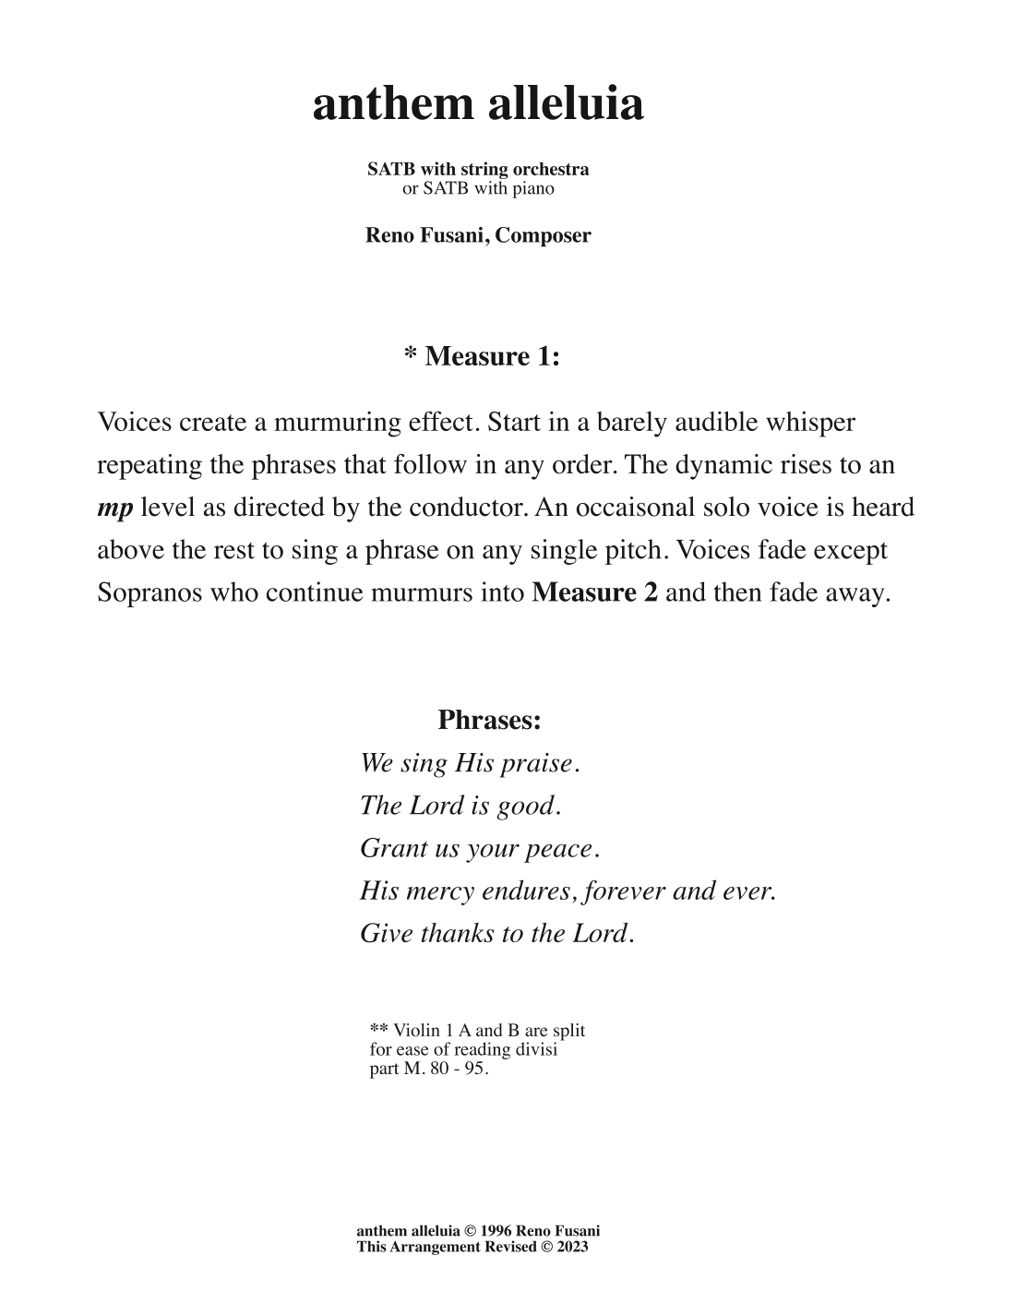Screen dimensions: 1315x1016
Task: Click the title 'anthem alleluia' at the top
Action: [478, 104]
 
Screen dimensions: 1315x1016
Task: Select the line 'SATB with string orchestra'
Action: [478, 169]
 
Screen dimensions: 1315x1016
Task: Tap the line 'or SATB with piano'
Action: [478, 188]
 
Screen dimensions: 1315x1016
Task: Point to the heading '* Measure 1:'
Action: [482, 356]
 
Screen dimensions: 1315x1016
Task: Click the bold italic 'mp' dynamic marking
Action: [115, 508]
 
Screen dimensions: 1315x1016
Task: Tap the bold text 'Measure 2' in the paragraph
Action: [595, 592]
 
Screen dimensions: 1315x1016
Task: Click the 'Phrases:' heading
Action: [489, 720]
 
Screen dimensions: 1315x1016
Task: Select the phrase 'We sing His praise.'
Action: [470, 764]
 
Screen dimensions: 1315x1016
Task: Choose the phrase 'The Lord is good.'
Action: [460, 807]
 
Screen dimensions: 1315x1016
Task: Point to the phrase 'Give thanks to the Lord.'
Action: [497, 934]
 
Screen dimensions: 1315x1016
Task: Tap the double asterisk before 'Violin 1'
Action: [378, 1029]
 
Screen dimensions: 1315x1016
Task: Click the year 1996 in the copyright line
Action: [496, 1231]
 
